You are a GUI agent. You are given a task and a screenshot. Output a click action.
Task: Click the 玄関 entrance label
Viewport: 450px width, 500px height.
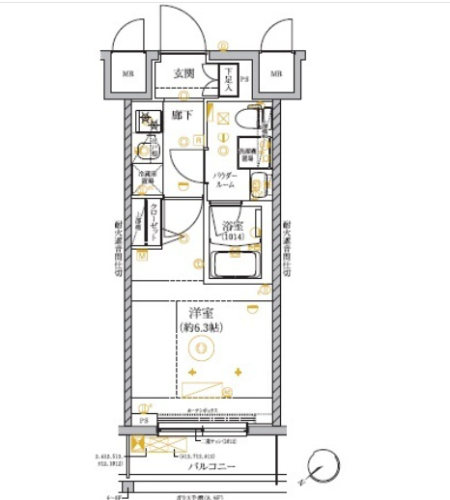pos(185,72)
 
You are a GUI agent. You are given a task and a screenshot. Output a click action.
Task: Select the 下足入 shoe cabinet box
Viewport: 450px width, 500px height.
pos(228,79)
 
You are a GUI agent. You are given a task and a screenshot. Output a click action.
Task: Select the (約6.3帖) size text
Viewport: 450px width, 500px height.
pos(202,328)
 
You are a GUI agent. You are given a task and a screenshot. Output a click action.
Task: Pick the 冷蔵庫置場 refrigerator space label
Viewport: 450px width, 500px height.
pos(147,178)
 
